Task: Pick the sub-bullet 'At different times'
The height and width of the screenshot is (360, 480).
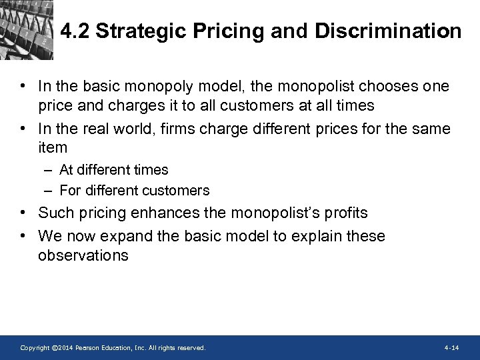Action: (x=113, y=170)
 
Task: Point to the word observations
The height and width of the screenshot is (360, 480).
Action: (x=83, y=255)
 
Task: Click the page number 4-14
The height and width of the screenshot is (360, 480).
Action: (x=451, y=348)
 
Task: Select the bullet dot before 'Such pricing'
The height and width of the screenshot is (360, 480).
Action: (x=23, y=213)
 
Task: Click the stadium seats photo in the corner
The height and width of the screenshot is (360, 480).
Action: (x=25, y=27)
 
